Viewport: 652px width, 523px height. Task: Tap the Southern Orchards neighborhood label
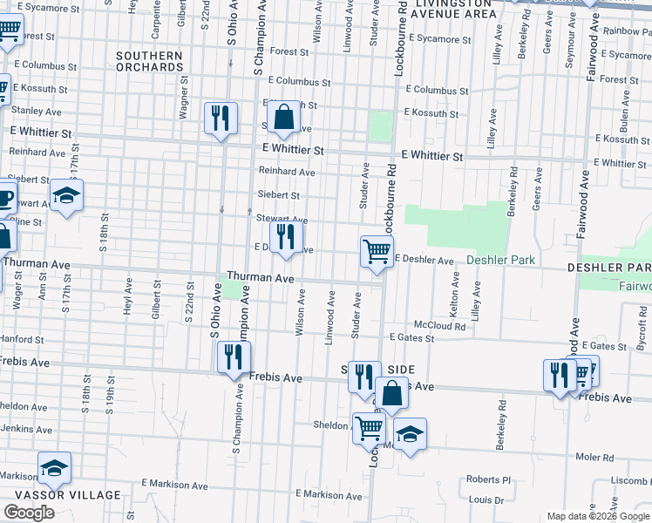pos(149,61)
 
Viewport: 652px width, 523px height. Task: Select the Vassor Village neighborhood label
pos(60,495)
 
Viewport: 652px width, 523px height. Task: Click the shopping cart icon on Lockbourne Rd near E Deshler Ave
pos(377,252)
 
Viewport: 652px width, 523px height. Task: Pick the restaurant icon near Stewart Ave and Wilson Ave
pos(285,236)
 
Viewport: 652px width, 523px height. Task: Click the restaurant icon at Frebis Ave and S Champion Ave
pos(233,357)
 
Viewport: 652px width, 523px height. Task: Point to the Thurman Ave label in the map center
pos(261,276)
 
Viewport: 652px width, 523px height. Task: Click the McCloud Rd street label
pos(438,325)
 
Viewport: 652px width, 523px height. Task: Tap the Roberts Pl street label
pos(487,479)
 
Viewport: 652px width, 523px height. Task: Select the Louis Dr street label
pos(486,500)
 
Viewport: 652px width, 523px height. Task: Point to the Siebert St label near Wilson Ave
pos(279,195)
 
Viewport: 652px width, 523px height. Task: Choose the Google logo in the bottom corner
pos(29,513)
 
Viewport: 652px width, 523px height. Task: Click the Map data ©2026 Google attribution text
pos(597,516)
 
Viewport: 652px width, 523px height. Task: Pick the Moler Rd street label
pos(594,457)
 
